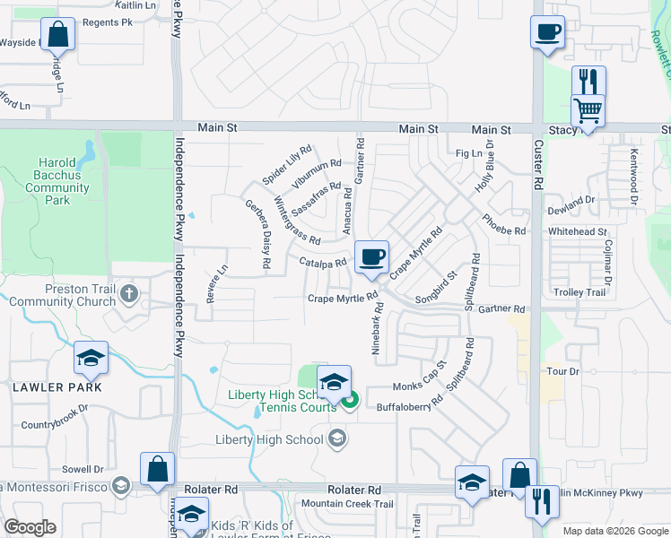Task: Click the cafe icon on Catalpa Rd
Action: click(371, 257)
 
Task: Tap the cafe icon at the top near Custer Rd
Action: click(547, 32)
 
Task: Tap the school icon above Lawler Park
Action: click(91, 358)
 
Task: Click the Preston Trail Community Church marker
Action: click(130, 293)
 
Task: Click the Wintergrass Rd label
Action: click(296, 221)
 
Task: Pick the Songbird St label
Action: click(436, 287)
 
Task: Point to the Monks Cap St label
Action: click(420, 379)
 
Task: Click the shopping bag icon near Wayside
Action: click(57, 34)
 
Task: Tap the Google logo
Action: click(30, 527)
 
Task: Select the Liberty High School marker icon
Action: click(337, 438)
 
